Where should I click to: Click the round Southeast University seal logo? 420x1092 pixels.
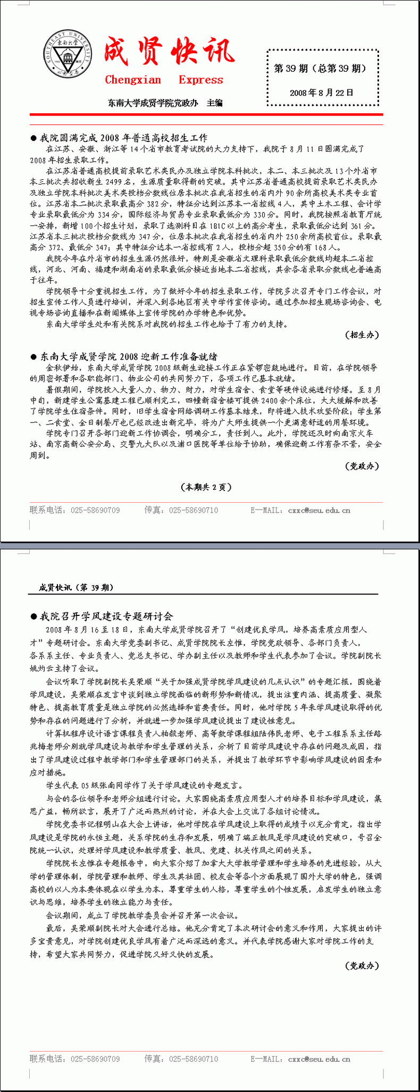pyautogui.click(x=68, y=55)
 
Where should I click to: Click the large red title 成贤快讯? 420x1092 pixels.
pyautogui.click(x=169, y=52)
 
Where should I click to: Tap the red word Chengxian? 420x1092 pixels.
pyautogui.click(x=133, y=80)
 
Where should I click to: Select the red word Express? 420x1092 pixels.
pyautogui.click(x=201, y=80)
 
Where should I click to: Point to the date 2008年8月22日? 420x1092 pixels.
pyautogui.click(x=322, y=93)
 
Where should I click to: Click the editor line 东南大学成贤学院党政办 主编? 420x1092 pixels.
pyautogui.click(x=165, y=103)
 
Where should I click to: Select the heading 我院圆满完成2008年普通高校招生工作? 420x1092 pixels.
pyautogui.click(x=124, y=138)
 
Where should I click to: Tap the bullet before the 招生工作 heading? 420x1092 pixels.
pyautogui.click(x=33, y=138)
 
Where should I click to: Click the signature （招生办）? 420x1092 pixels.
pyautogui.click(x=363, y=335)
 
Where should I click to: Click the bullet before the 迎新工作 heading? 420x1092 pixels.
pyautogui.click(x=33, y=357)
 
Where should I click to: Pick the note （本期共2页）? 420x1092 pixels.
pyautogui.click(x=206, y=487)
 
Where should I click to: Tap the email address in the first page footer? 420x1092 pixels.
pyautogui.click(x=319, y=510)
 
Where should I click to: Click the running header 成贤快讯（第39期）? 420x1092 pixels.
pyautogui.click(x=76, y=587)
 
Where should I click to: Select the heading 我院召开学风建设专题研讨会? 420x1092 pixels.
pyautogui.click(x=106, y=616)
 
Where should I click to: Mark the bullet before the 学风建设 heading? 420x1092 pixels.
pyautogui.click(x=33, y=616)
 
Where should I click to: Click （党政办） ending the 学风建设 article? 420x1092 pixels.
pyautogui.click(x=363, y=965)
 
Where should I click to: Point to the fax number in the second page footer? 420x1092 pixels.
pyautogui.click(x=194, y=1059)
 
